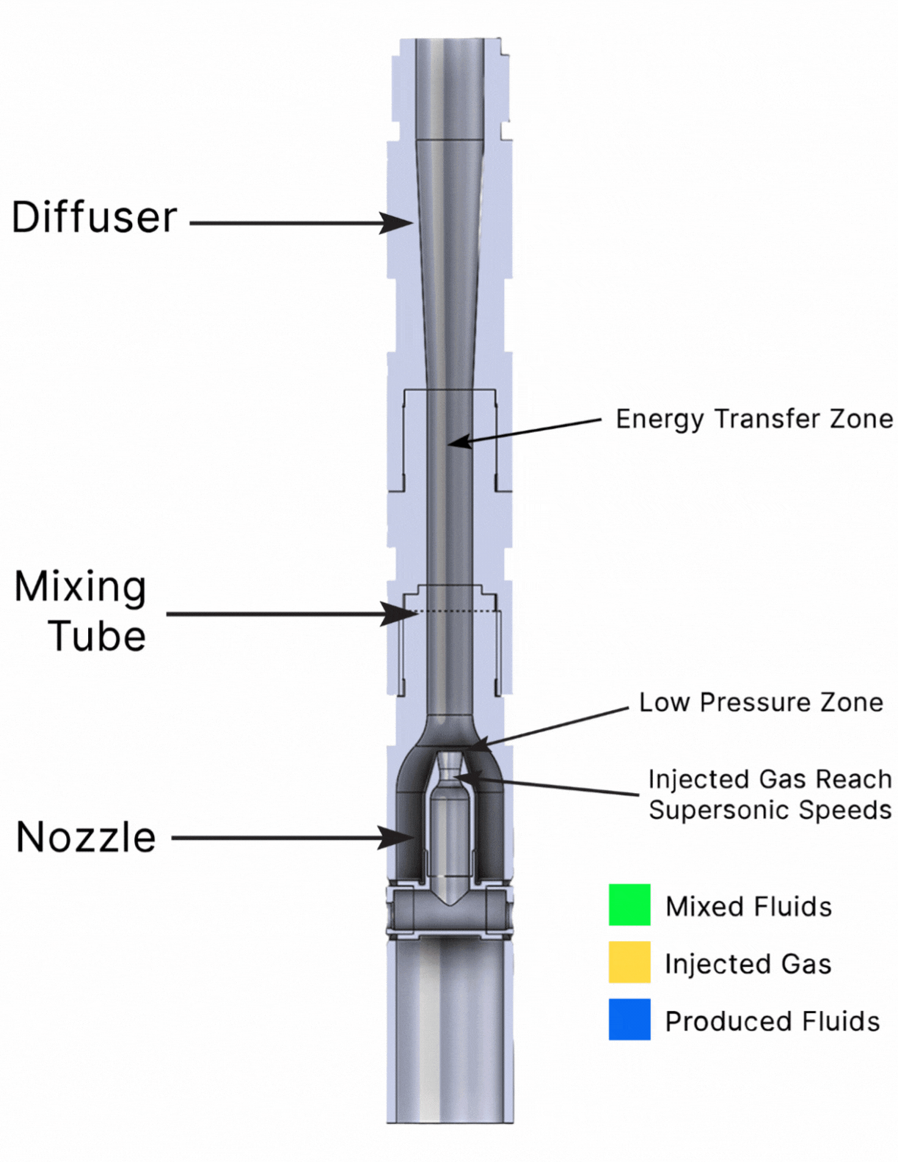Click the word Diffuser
point(95,218)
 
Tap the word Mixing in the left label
point(81,588)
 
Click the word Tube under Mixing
point(98,636)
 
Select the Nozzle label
point(87,838)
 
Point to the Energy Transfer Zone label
point(754,419)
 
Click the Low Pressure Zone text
point(761,703)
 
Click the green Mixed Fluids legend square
point(629,905)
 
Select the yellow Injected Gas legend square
point(629,962)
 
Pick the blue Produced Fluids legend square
point(629,1019)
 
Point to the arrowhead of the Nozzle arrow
point(401,837)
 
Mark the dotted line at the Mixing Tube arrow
point(455,610)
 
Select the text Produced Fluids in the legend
point(772,1021)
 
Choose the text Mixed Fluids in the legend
point(748,907)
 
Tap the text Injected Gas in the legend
point(748,964)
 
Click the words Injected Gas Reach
point(770,779)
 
